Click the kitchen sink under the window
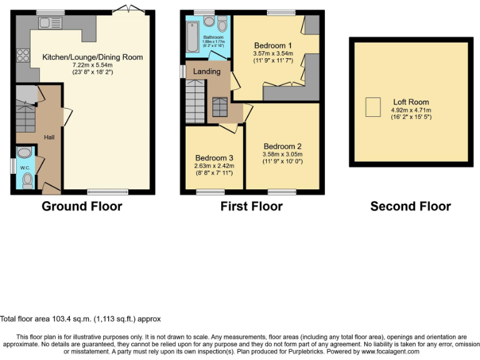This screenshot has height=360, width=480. [x=50, y=23]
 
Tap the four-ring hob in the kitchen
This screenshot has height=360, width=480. [x=23, y=55]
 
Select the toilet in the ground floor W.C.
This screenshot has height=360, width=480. [x=27, y=180]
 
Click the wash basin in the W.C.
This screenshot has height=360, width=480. [x=26, y=152]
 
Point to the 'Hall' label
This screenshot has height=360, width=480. [x=49, y=137]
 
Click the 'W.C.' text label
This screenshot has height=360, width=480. [x=26, y=167]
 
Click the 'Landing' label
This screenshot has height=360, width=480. [x=206, y=71]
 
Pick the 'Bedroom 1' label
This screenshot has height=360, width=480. [x=272, y=46]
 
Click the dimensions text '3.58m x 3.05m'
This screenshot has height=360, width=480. [x=282, y=154]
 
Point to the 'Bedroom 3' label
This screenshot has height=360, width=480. [x=214, y=157]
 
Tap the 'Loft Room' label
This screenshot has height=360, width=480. [x=411, y=102]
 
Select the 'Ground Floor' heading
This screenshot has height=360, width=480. [x=81, y=206]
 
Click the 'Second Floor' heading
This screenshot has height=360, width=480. [x=410, y=206]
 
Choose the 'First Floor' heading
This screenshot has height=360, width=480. [x=251, y=206]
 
